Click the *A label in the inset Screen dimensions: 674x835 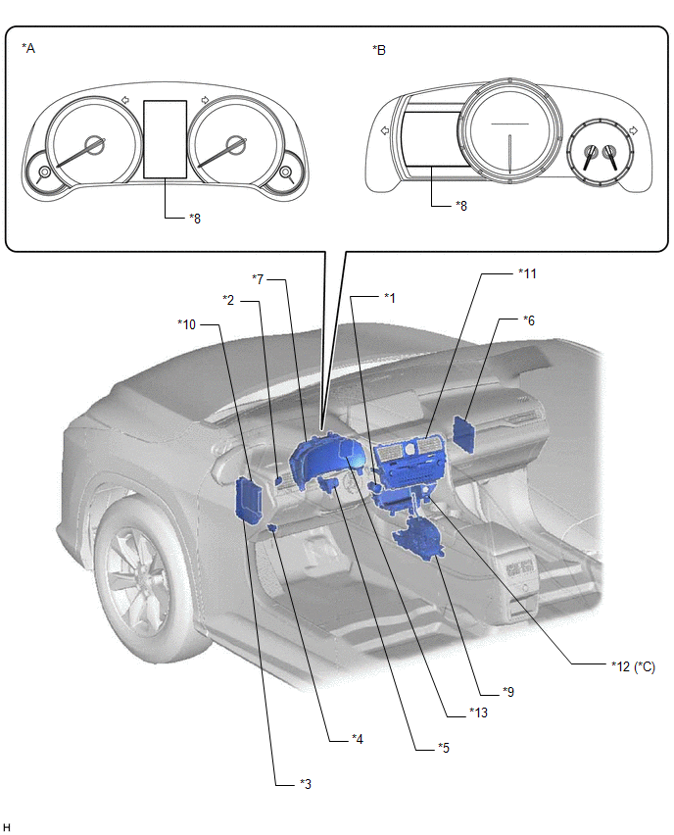(x=28, y=48)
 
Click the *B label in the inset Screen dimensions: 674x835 (x=379, y=50)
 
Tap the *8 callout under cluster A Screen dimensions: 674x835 (x=195, y=219)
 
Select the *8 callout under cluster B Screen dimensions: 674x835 (x=461, y=206)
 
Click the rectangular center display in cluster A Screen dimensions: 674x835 (x=165, y=139)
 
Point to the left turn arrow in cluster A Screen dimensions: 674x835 (x=125, y=100)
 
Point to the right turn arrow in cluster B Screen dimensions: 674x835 (x=633, y=130)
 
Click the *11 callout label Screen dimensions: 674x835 (x=527, y=273)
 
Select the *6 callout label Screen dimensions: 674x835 (x=529, y=320)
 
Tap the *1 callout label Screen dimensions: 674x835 (x=390, y=298)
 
